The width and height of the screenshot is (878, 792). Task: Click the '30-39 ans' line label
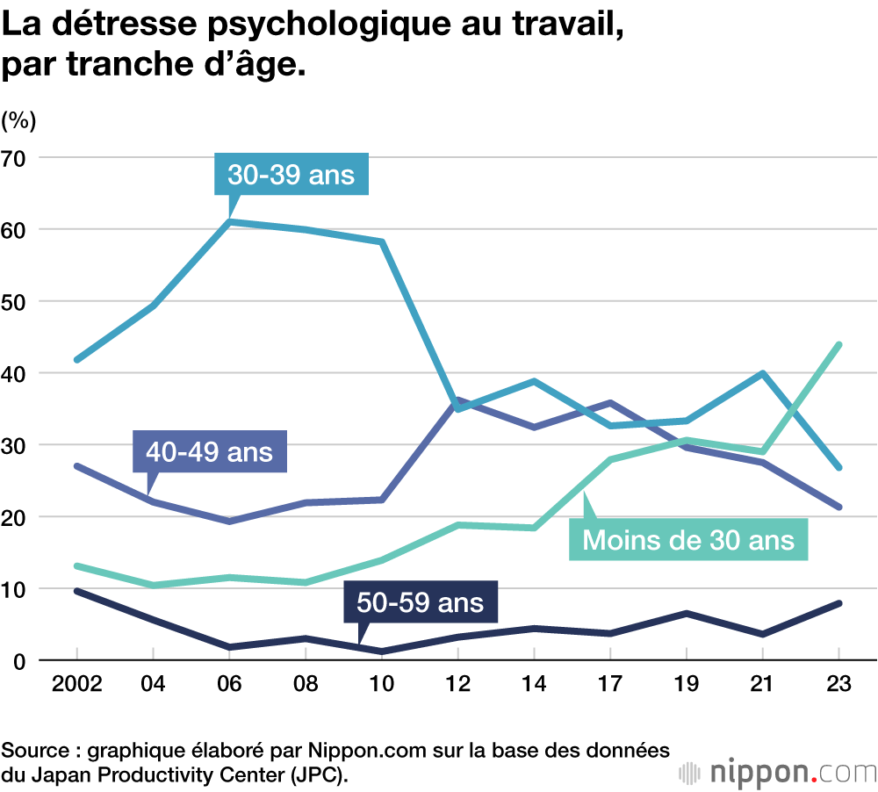291,174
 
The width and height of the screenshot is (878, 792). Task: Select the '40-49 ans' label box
210,452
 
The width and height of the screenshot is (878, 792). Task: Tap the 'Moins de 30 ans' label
688,538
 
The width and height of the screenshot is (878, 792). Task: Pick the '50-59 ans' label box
420,602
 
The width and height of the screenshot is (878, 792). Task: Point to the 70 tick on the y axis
17,158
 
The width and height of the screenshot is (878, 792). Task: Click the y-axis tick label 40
17,373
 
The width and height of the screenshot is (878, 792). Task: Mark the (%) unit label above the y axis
19,119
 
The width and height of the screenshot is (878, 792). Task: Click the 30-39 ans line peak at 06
229,221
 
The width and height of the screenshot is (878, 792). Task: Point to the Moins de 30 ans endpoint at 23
838,345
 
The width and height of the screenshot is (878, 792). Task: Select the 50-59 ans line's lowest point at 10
382,652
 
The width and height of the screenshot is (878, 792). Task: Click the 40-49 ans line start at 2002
77,466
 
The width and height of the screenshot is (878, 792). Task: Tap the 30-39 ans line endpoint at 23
838,467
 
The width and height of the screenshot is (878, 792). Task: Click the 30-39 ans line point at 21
762,373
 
